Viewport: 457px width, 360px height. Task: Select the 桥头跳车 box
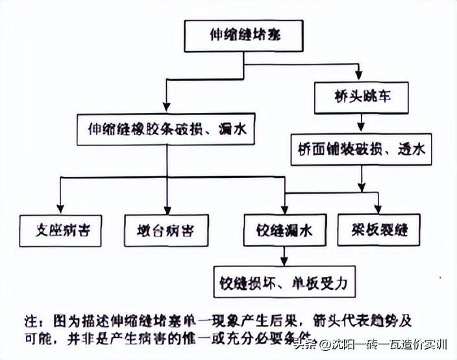coord(362,96)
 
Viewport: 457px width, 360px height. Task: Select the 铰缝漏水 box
coord(284,231)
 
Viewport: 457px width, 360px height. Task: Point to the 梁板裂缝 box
coord(381,229)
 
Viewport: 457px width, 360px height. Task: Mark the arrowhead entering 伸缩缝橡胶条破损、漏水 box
coord(167,109)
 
